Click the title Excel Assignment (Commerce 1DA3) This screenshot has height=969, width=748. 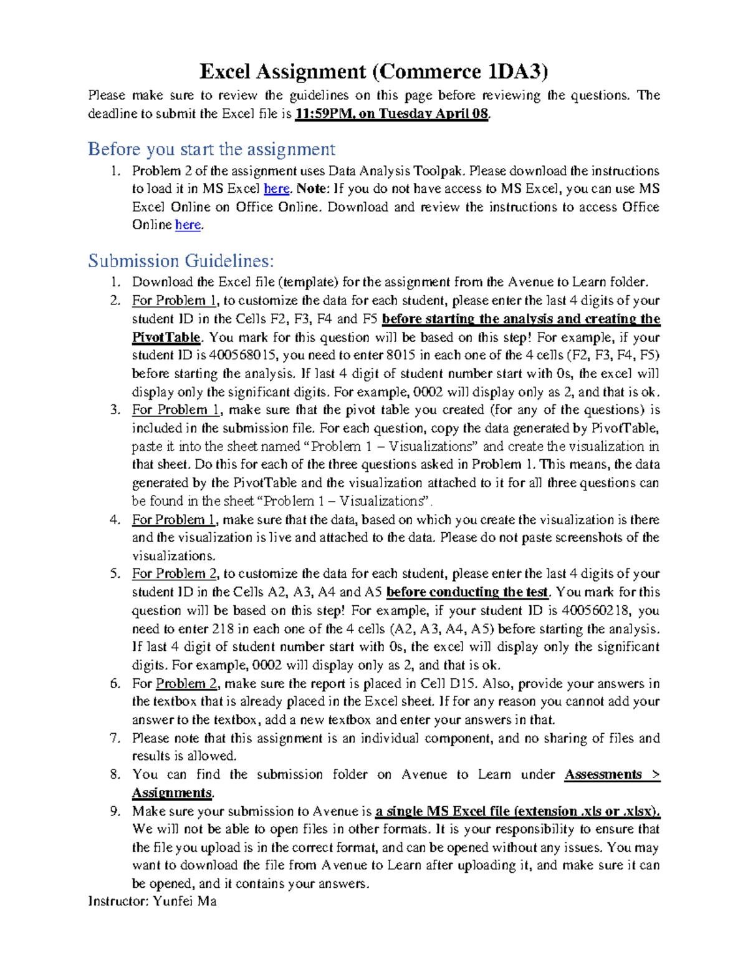(373, 72)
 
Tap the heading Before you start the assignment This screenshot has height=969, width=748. (211, 149)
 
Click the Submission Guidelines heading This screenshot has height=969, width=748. (181, 260)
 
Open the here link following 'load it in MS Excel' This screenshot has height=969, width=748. (277, 189)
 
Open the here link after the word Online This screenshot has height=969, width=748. (188, 225)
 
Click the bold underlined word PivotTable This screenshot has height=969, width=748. (166, 338)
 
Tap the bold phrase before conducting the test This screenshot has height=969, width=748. (467, 592)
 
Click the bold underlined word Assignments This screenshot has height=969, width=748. (172, 793)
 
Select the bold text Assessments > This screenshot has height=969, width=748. (611, 775)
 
